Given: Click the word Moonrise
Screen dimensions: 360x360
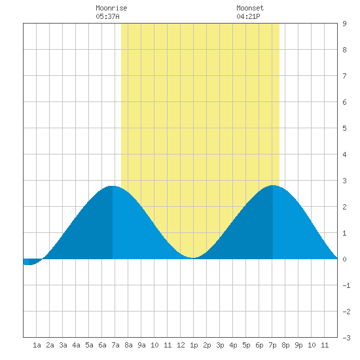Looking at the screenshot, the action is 111,8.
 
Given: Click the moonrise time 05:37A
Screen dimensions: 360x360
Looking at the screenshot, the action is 108,16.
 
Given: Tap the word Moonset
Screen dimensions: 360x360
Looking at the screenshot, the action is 250,8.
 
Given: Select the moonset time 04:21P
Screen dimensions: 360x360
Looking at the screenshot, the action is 248,16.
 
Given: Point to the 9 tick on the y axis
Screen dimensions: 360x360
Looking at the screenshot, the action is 344,24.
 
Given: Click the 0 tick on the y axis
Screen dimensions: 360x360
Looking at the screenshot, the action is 344,259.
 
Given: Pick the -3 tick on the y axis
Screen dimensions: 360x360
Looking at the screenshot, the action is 346,338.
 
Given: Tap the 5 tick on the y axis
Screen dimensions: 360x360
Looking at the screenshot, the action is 344,128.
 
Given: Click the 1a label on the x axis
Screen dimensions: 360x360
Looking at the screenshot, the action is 37,345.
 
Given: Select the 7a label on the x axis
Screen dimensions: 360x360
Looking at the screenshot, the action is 115,345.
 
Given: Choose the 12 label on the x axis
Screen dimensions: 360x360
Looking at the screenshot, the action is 181,345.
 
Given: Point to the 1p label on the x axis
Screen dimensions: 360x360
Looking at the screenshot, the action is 194,345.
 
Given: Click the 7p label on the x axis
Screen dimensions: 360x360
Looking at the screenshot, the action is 272,345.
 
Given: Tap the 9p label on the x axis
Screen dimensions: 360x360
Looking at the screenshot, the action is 298,345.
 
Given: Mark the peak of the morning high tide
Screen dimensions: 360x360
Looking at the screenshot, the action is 113,186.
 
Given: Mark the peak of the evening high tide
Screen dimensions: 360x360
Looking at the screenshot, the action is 272,185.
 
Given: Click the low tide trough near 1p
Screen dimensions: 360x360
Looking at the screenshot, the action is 193,258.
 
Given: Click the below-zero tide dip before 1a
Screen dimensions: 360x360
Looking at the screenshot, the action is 29,264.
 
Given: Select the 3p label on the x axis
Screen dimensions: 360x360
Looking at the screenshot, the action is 220,345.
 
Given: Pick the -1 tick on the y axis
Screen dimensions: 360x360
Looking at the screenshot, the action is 346,285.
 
